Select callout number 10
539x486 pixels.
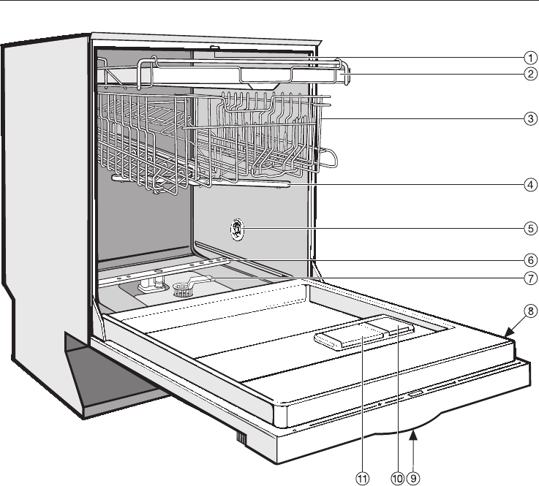[397, 478]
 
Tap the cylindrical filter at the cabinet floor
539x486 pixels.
[184, 291]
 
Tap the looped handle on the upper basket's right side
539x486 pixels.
[327, 157]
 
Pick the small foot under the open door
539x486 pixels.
[239, 439]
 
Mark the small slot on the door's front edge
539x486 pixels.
[414, 394]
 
